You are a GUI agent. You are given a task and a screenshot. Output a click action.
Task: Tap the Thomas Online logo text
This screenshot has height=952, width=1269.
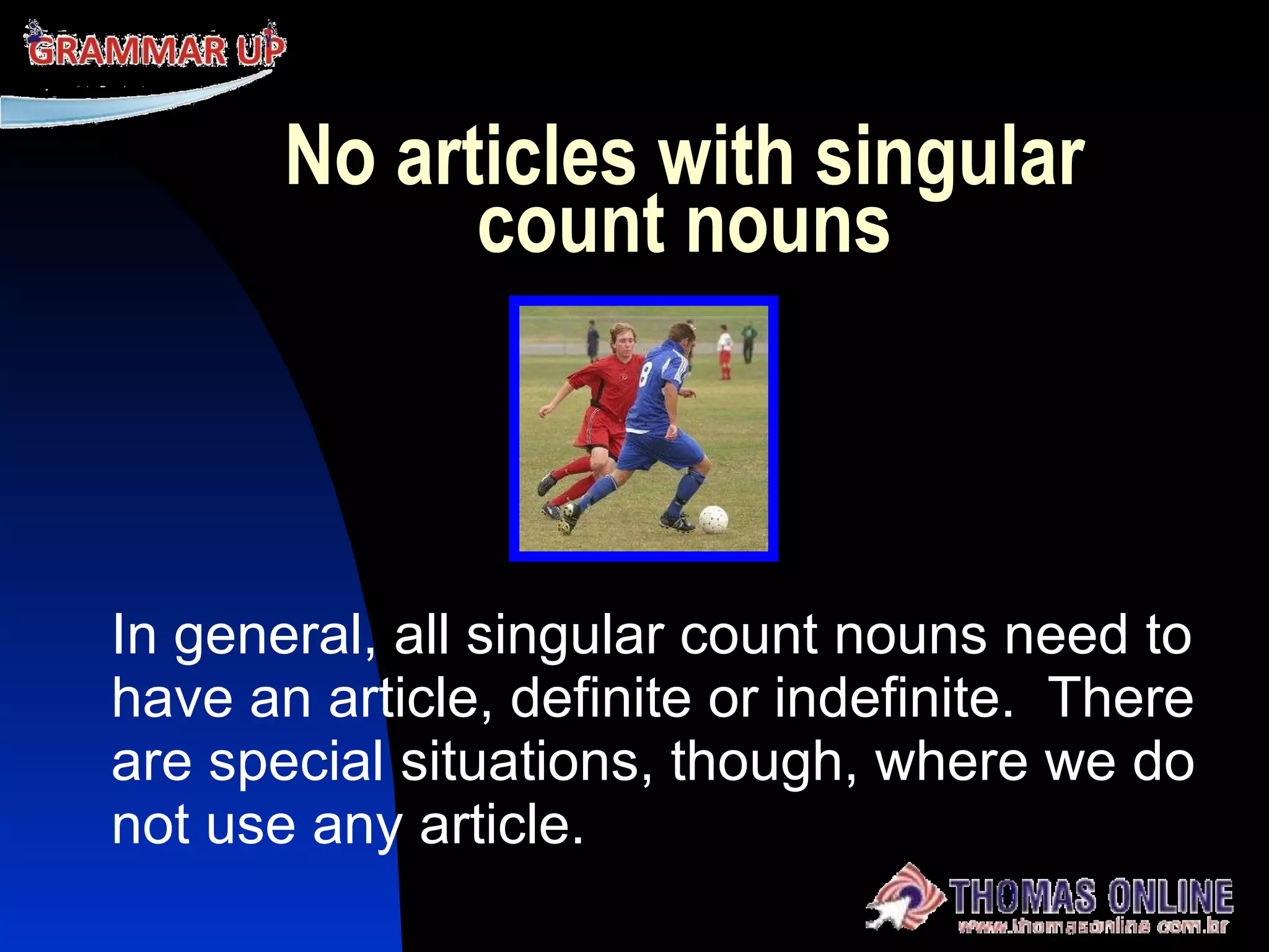pyautogui.click(x=1091, y=896)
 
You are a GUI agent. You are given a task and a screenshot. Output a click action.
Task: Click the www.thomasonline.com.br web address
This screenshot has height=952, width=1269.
pyautogui.click(x=1092, y=927)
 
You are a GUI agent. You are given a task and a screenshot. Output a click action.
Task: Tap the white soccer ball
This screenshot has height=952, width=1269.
pyautogui.click(x=713, y=519)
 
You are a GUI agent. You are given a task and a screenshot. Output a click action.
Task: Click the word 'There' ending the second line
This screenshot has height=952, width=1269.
pyautogui.click(x=1122, y=699)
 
